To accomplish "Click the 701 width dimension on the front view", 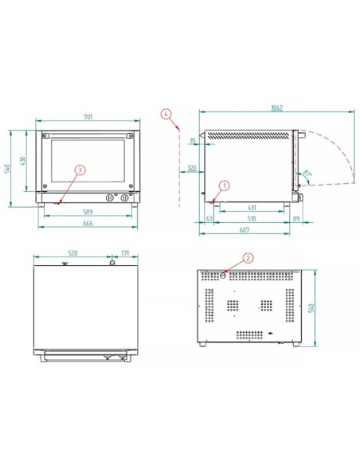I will [88, 117].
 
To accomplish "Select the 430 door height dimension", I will [25, 160].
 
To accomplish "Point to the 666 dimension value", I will [88, 225].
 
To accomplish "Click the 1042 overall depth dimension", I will [276, 108].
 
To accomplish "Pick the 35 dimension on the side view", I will [192, 140].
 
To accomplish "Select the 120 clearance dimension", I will [192, 168].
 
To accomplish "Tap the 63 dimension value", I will [209, 217].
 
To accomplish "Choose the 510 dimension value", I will [251, 217].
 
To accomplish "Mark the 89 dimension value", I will [295, 217].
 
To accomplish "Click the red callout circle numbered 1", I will [224, 185].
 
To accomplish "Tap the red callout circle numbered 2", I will [248, 258].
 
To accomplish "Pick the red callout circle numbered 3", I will [80, 170].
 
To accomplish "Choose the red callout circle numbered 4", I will [166, 114].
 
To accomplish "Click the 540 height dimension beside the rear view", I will [323, 307].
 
